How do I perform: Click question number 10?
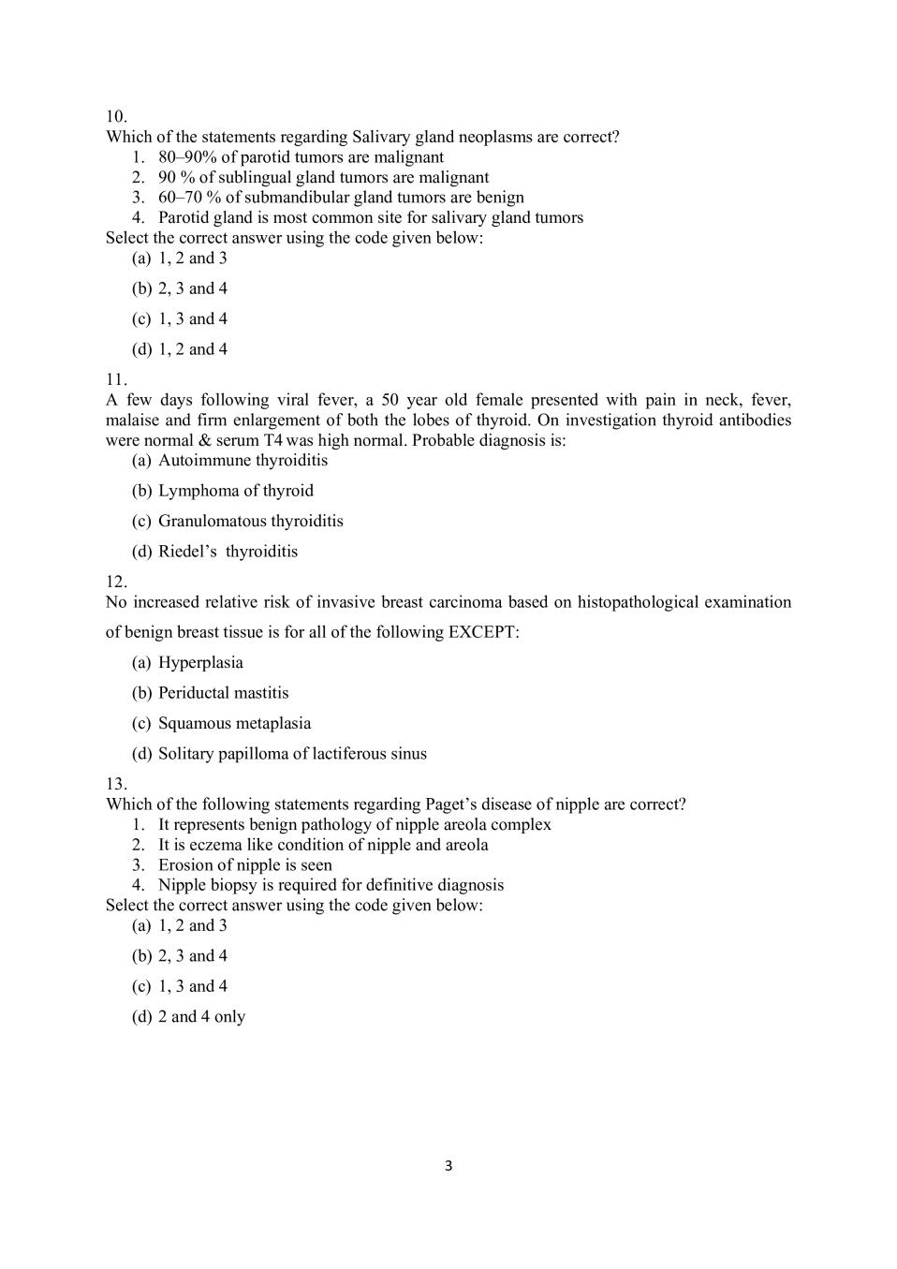116,117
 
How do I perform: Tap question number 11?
116,379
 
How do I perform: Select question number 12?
116,582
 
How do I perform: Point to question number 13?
116,784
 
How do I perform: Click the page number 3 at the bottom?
448,1166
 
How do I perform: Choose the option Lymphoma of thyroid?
235,491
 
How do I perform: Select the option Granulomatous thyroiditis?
250,521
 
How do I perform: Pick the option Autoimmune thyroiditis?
243,460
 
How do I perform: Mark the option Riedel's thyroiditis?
228,552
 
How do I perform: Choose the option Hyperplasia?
200,663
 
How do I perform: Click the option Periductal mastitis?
223,693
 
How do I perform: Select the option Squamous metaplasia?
234,723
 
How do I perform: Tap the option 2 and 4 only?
201,1017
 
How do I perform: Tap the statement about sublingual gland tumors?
323,177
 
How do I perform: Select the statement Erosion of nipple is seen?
244,865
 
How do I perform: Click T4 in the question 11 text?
274,440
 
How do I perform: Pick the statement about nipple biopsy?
331,885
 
